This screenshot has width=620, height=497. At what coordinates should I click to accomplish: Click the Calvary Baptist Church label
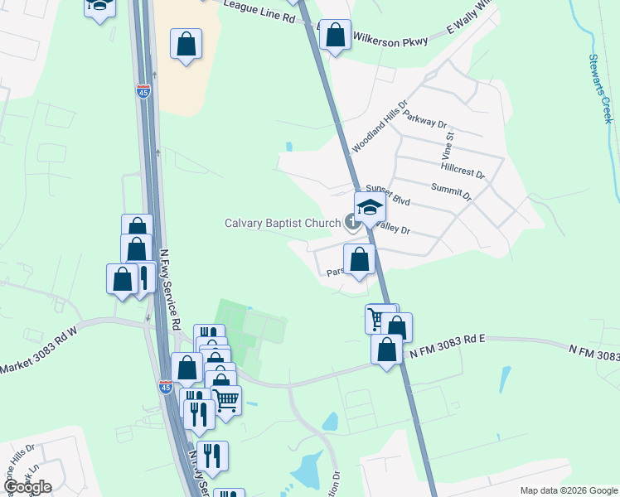click(283, 223)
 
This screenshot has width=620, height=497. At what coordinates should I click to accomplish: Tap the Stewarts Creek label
click(600, 89)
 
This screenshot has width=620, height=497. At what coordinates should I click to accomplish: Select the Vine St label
click(448, 145)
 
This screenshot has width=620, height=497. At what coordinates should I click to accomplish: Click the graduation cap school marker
click(371, 207)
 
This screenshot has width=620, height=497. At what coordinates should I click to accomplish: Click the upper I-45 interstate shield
click(143, 90)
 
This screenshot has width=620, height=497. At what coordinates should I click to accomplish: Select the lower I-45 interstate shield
click(166, 384)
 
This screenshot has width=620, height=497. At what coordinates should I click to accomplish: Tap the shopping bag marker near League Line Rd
click(186, 44)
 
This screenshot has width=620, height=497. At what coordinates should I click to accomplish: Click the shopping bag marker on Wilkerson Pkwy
click(335, 36)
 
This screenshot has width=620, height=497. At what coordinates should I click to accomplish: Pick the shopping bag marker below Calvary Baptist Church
click(359, 259)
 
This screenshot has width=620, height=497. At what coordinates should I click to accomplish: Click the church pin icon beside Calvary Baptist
click(352, 223)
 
